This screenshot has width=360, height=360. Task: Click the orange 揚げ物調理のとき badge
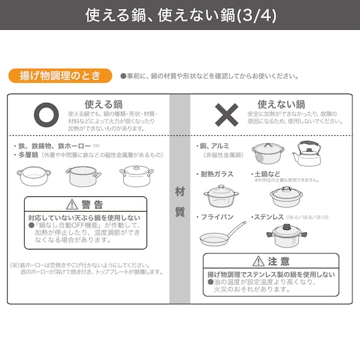point(61,76)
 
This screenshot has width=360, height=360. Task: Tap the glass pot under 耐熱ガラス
point(221,196)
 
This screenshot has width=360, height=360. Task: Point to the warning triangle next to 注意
point(258,261)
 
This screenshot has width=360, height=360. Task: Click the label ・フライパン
point(216,217)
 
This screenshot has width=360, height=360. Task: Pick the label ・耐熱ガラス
point(217,174)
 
